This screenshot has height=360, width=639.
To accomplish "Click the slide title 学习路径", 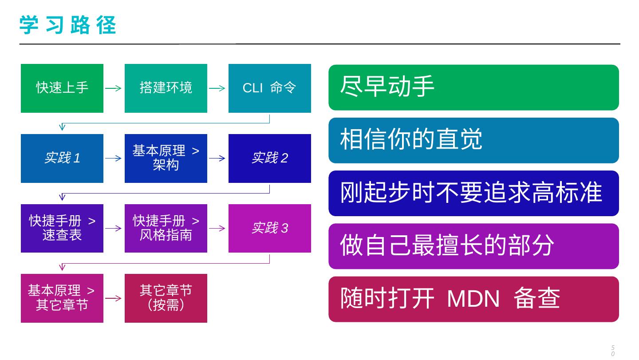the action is tap(68, 25).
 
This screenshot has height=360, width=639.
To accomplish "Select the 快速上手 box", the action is tap(62, 88).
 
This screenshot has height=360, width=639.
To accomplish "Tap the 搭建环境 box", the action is tap(166, 88).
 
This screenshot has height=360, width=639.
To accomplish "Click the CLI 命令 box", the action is tap(270, 88).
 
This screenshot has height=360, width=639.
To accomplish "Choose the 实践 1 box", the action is tap(62, 158).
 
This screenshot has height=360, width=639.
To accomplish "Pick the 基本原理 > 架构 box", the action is tap(166, 158).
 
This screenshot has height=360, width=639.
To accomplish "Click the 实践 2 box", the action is tap(270, 158).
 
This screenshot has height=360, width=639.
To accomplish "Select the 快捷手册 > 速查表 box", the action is tap(62, 228).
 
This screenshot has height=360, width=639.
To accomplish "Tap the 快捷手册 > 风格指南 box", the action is tap(166, 228).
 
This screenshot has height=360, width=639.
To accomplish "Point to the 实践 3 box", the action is tap(270, 228).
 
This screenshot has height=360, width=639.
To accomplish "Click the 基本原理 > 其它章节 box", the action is tap(62, 298).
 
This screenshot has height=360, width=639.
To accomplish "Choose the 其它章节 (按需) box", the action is tap(166, 298).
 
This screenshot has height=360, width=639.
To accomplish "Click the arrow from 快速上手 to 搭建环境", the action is tap(113, 88).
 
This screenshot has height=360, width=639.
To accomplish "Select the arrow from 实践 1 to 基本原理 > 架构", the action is tap(113, 158).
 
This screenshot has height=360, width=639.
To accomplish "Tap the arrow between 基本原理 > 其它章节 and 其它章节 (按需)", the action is tap(113, 298).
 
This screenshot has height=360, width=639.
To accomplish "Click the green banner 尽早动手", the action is tap(473, 87).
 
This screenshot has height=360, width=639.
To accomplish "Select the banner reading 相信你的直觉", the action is tap(473, 140).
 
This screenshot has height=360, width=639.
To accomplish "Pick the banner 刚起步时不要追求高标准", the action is tap(473, 194).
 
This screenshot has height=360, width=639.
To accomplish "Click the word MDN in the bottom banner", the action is tap(473, 299).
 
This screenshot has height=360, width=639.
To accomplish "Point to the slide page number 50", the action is tap(613, 351).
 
